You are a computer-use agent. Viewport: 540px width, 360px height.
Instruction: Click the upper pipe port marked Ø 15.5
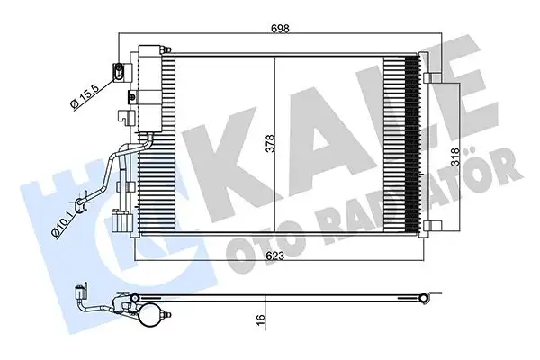point(118,70)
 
